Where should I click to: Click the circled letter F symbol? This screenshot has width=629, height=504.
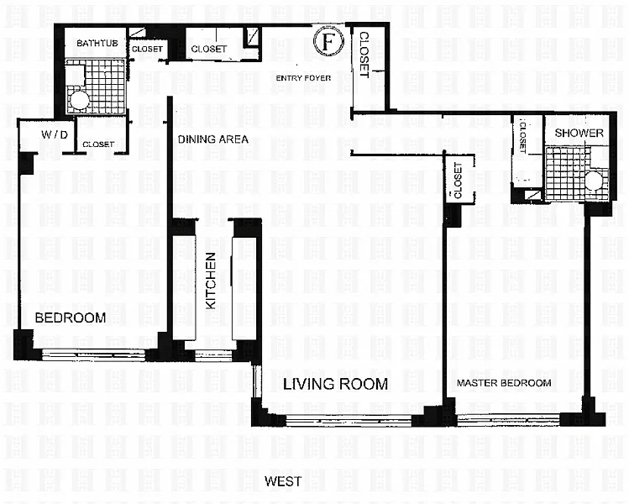tap(328, 41)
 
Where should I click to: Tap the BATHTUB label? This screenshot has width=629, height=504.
tap(97, 43)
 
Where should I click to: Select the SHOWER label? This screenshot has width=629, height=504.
tap(579, 133)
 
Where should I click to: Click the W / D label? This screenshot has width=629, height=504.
tap(55, 135)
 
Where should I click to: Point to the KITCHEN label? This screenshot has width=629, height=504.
tap(211, 281)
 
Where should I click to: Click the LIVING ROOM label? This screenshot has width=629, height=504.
tap(335, 384)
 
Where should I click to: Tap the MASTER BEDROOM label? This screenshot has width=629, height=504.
tap(504, 383)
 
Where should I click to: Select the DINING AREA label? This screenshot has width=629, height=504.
tap(213, 139)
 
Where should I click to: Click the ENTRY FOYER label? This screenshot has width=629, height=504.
tap(303, 78)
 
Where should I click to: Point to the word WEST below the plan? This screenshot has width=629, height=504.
tap(283, 481)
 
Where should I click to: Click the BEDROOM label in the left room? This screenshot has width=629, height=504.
tap(71, 318)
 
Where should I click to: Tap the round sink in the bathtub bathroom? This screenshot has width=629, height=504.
tap(77, 100)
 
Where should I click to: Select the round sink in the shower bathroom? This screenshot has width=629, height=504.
tap(593, 181)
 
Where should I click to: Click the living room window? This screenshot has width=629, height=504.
tap(349, 421)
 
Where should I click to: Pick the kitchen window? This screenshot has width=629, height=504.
tap(213, 355)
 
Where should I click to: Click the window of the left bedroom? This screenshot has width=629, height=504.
tap(93, 354)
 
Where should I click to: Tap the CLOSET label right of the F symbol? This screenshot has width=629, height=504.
tap(364, 55)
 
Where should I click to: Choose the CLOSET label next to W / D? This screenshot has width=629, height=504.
tap(98, 144)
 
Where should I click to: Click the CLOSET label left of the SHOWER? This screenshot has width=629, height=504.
tap(522, 137)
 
